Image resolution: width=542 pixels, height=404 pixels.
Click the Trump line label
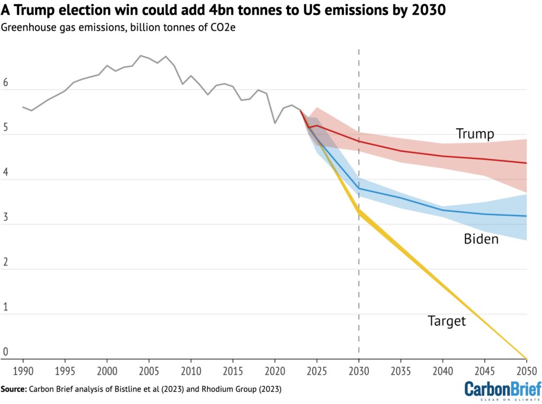[x=474, y=134]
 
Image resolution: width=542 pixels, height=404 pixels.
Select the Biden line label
[x=481, y=239]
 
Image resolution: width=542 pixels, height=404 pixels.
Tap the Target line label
[x=447, y=321]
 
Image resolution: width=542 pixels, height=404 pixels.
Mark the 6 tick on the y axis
[x=5, y=83]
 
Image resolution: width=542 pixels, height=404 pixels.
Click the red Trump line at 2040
[x=443, y=156]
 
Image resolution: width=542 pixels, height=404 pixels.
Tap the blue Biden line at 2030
[x=359, y=188]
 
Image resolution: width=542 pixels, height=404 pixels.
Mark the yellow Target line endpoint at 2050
[x=526, y=358]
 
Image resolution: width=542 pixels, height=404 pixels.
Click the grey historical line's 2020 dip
[x=275, y=123]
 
